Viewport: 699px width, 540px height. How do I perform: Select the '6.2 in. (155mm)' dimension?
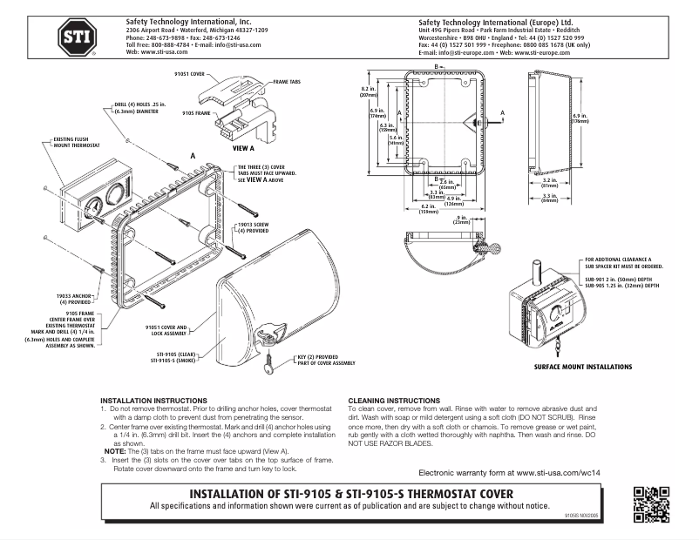coord(427,209)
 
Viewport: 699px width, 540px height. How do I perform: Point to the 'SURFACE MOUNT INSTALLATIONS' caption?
coord(583,368)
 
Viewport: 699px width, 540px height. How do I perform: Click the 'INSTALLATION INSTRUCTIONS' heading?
coord(153,402)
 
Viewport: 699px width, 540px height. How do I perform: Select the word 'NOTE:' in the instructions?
coord(116,450)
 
